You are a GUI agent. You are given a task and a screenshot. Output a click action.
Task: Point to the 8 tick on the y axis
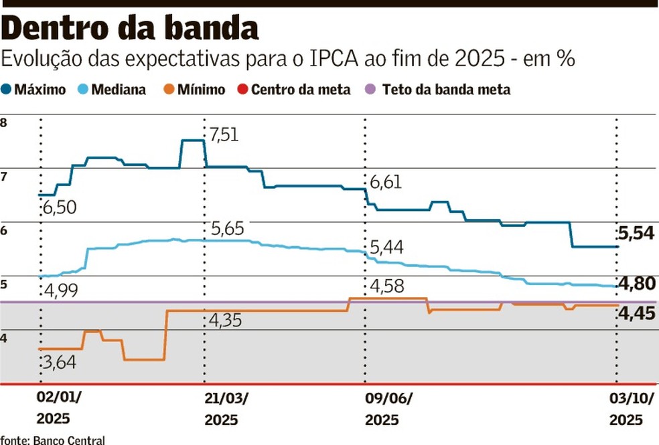point(5,123)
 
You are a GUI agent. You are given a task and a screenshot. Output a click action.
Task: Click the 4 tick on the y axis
point(5,339)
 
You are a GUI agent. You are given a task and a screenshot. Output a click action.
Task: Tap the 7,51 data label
point(224,135)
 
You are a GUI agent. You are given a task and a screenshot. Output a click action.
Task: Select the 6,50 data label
point(59,208)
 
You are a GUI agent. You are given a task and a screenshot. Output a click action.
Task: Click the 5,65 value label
point(227,229)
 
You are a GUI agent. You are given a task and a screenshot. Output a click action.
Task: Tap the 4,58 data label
point(388,286)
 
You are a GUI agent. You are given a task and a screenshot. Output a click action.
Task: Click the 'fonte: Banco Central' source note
point(53,440)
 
